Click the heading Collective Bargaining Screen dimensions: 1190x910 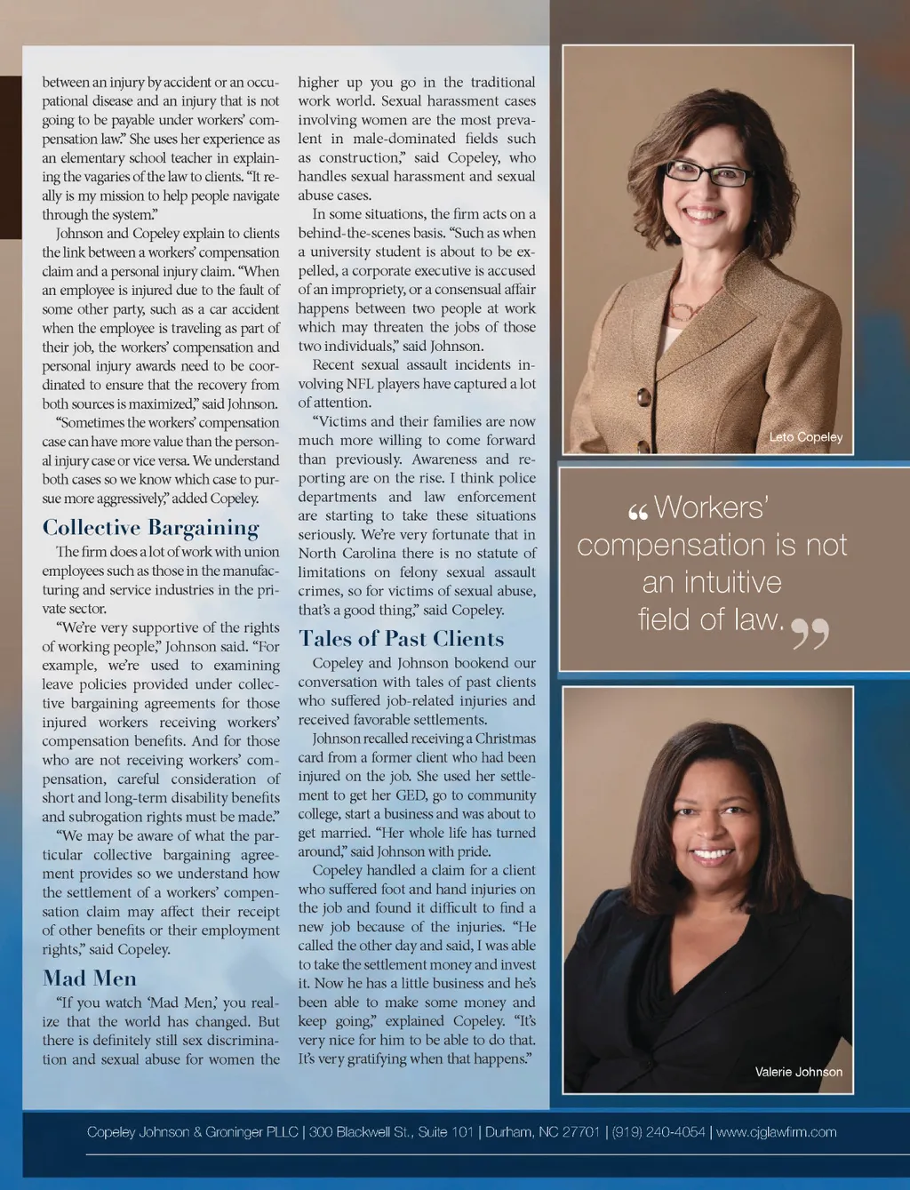[150, 528]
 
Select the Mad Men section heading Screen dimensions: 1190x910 [90, 978]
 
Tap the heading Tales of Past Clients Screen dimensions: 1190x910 [401, 639]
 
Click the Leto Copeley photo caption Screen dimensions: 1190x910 [805, 437]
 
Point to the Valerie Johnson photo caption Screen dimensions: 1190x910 [798, 1072]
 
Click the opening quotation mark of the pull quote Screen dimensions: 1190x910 [637, 513]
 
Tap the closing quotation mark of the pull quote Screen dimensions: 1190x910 [810, 634]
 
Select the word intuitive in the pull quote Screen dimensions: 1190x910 [711, 582]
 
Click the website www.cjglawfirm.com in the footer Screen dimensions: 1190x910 [776, 1132]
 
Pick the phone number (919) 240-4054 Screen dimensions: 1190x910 [659, 1132]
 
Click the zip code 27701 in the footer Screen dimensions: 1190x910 [580, 1132]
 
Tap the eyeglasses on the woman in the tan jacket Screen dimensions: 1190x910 [708, 172]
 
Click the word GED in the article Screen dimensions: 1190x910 [411, 795]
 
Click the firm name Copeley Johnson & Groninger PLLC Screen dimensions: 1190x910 [192, 1132]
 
